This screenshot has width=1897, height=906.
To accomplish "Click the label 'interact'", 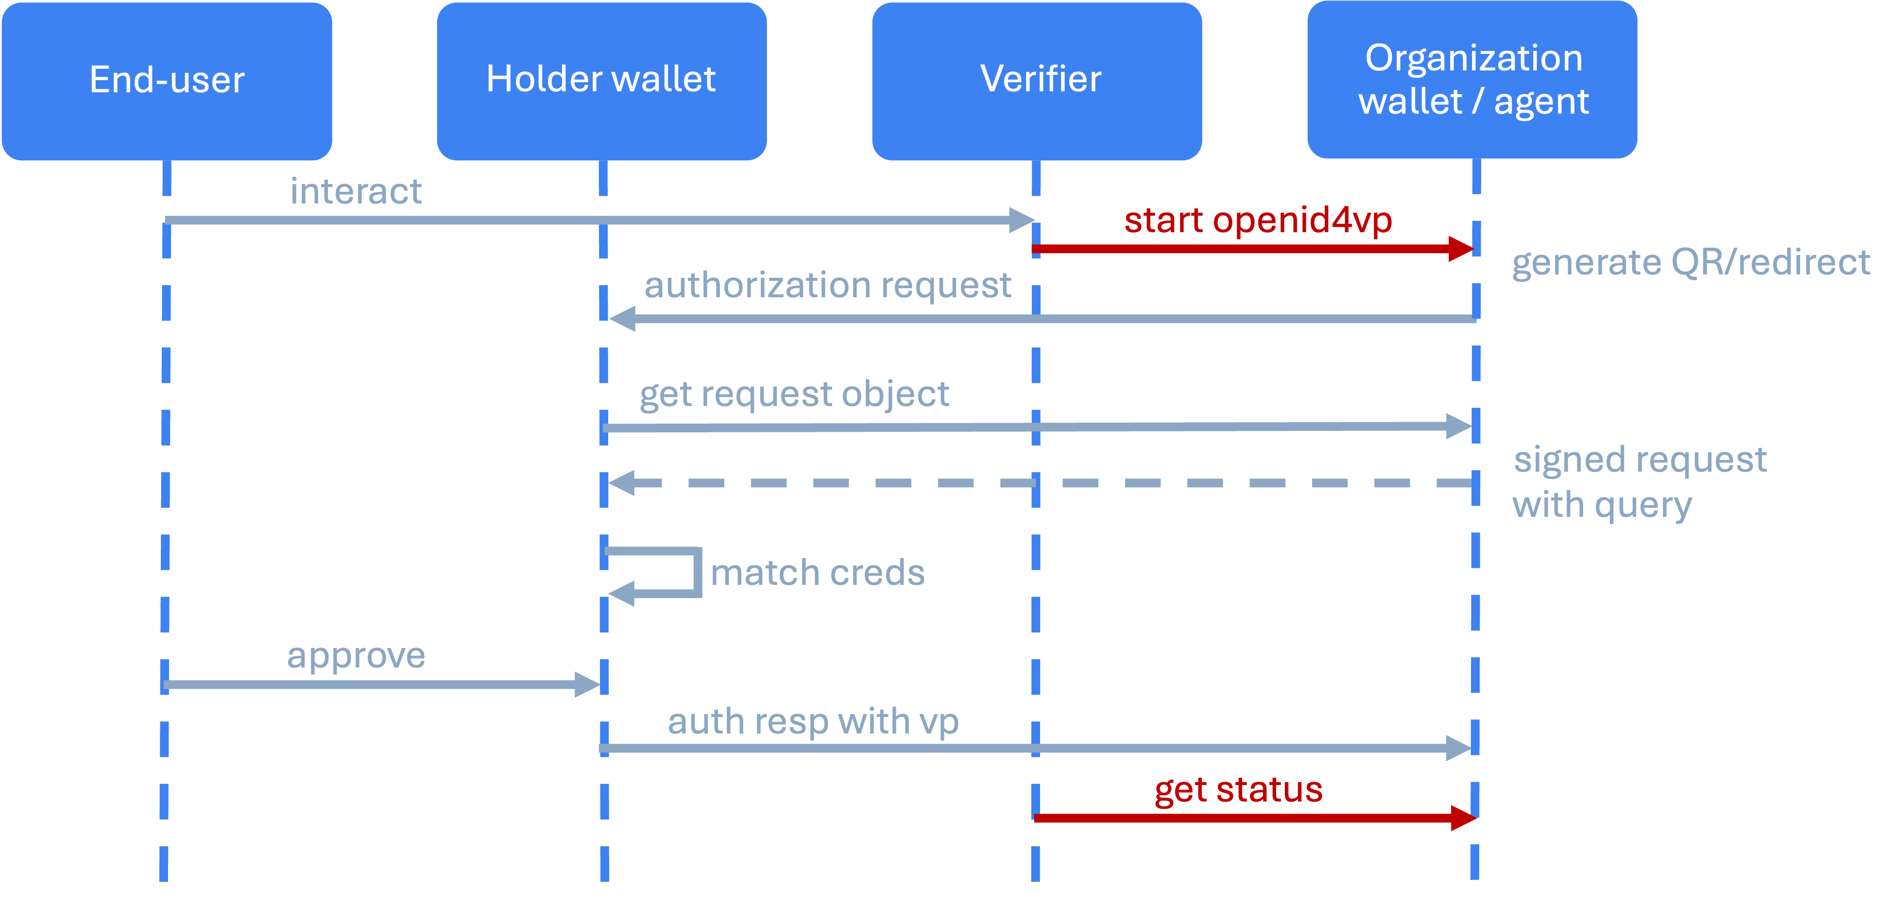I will pos(356,191).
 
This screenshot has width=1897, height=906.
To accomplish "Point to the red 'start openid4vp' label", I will pos(1258,220).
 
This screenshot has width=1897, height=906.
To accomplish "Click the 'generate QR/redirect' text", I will pos(1690,262).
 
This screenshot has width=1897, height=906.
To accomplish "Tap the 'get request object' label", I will pos(794,394).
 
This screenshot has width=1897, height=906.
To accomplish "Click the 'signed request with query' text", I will pos(1639,482).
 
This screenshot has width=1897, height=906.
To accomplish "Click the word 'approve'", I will pos(356,655).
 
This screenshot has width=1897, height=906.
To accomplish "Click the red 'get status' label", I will pos(1239,789).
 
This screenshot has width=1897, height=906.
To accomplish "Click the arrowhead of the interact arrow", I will pos(1022,220).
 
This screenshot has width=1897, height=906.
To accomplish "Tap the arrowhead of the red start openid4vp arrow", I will pos(1460,248).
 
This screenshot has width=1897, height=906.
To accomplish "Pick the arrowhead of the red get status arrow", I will pos(1463,818).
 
